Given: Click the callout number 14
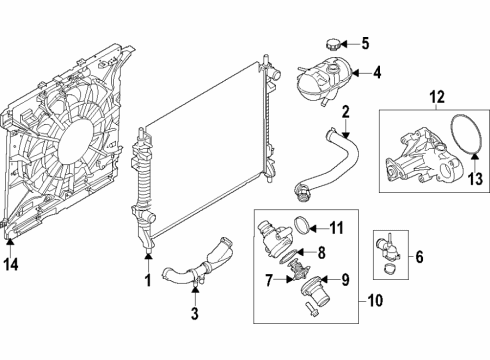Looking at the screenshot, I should pos(12,266).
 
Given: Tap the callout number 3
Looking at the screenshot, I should pos(195,315).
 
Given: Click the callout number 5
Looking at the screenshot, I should pos(365,43).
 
